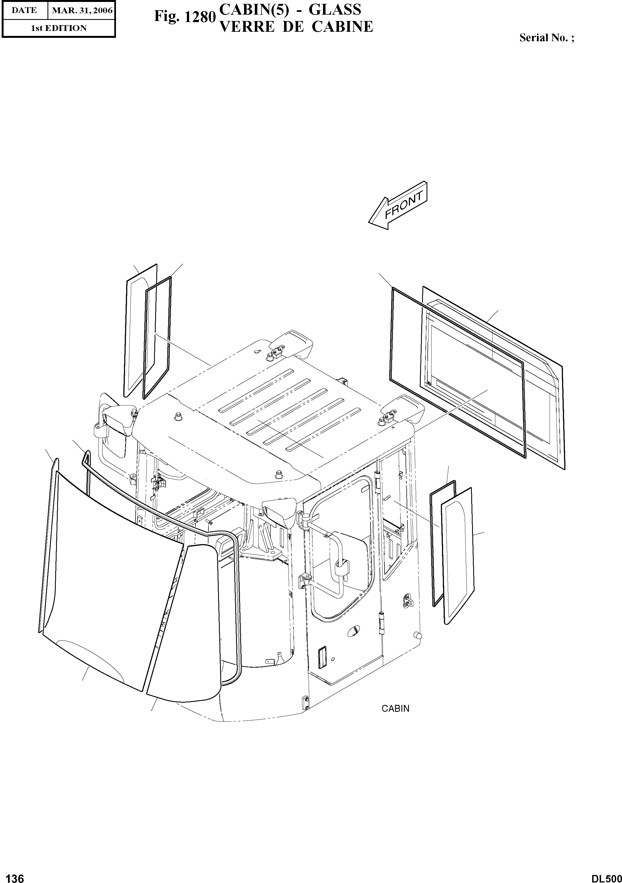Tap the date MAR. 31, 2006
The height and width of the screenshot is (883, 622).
click(82, 10)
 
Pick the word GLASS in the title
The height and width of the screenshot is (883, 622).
click(335, 9)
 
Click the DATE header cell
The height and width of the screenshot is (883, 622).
click(24, 10)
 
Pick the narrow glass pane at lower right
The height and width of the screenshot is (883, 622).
click(458, 556)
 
